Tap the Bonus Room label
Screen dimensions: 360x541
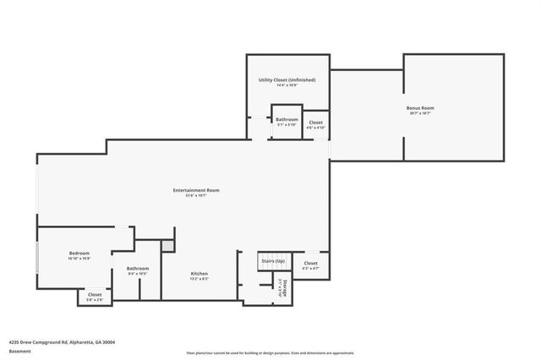coord(420,108)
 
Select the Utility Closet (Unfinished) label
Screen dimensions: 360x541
coord(287,79)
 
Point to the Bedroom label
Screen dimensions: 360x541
coord(79,254)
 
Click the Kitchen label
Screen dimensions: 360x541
coord(199,273)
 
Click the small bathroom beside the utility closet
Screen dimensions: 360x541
coord(287,120)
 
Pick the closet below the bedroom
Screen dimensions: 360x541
coord(95,295)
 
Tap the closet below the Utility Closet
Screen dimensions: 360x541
coord(315,123)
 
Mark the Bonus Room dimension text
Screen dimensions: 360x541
coord(420,113)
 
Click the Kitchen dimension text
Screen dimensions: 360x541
coord(199,278)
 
